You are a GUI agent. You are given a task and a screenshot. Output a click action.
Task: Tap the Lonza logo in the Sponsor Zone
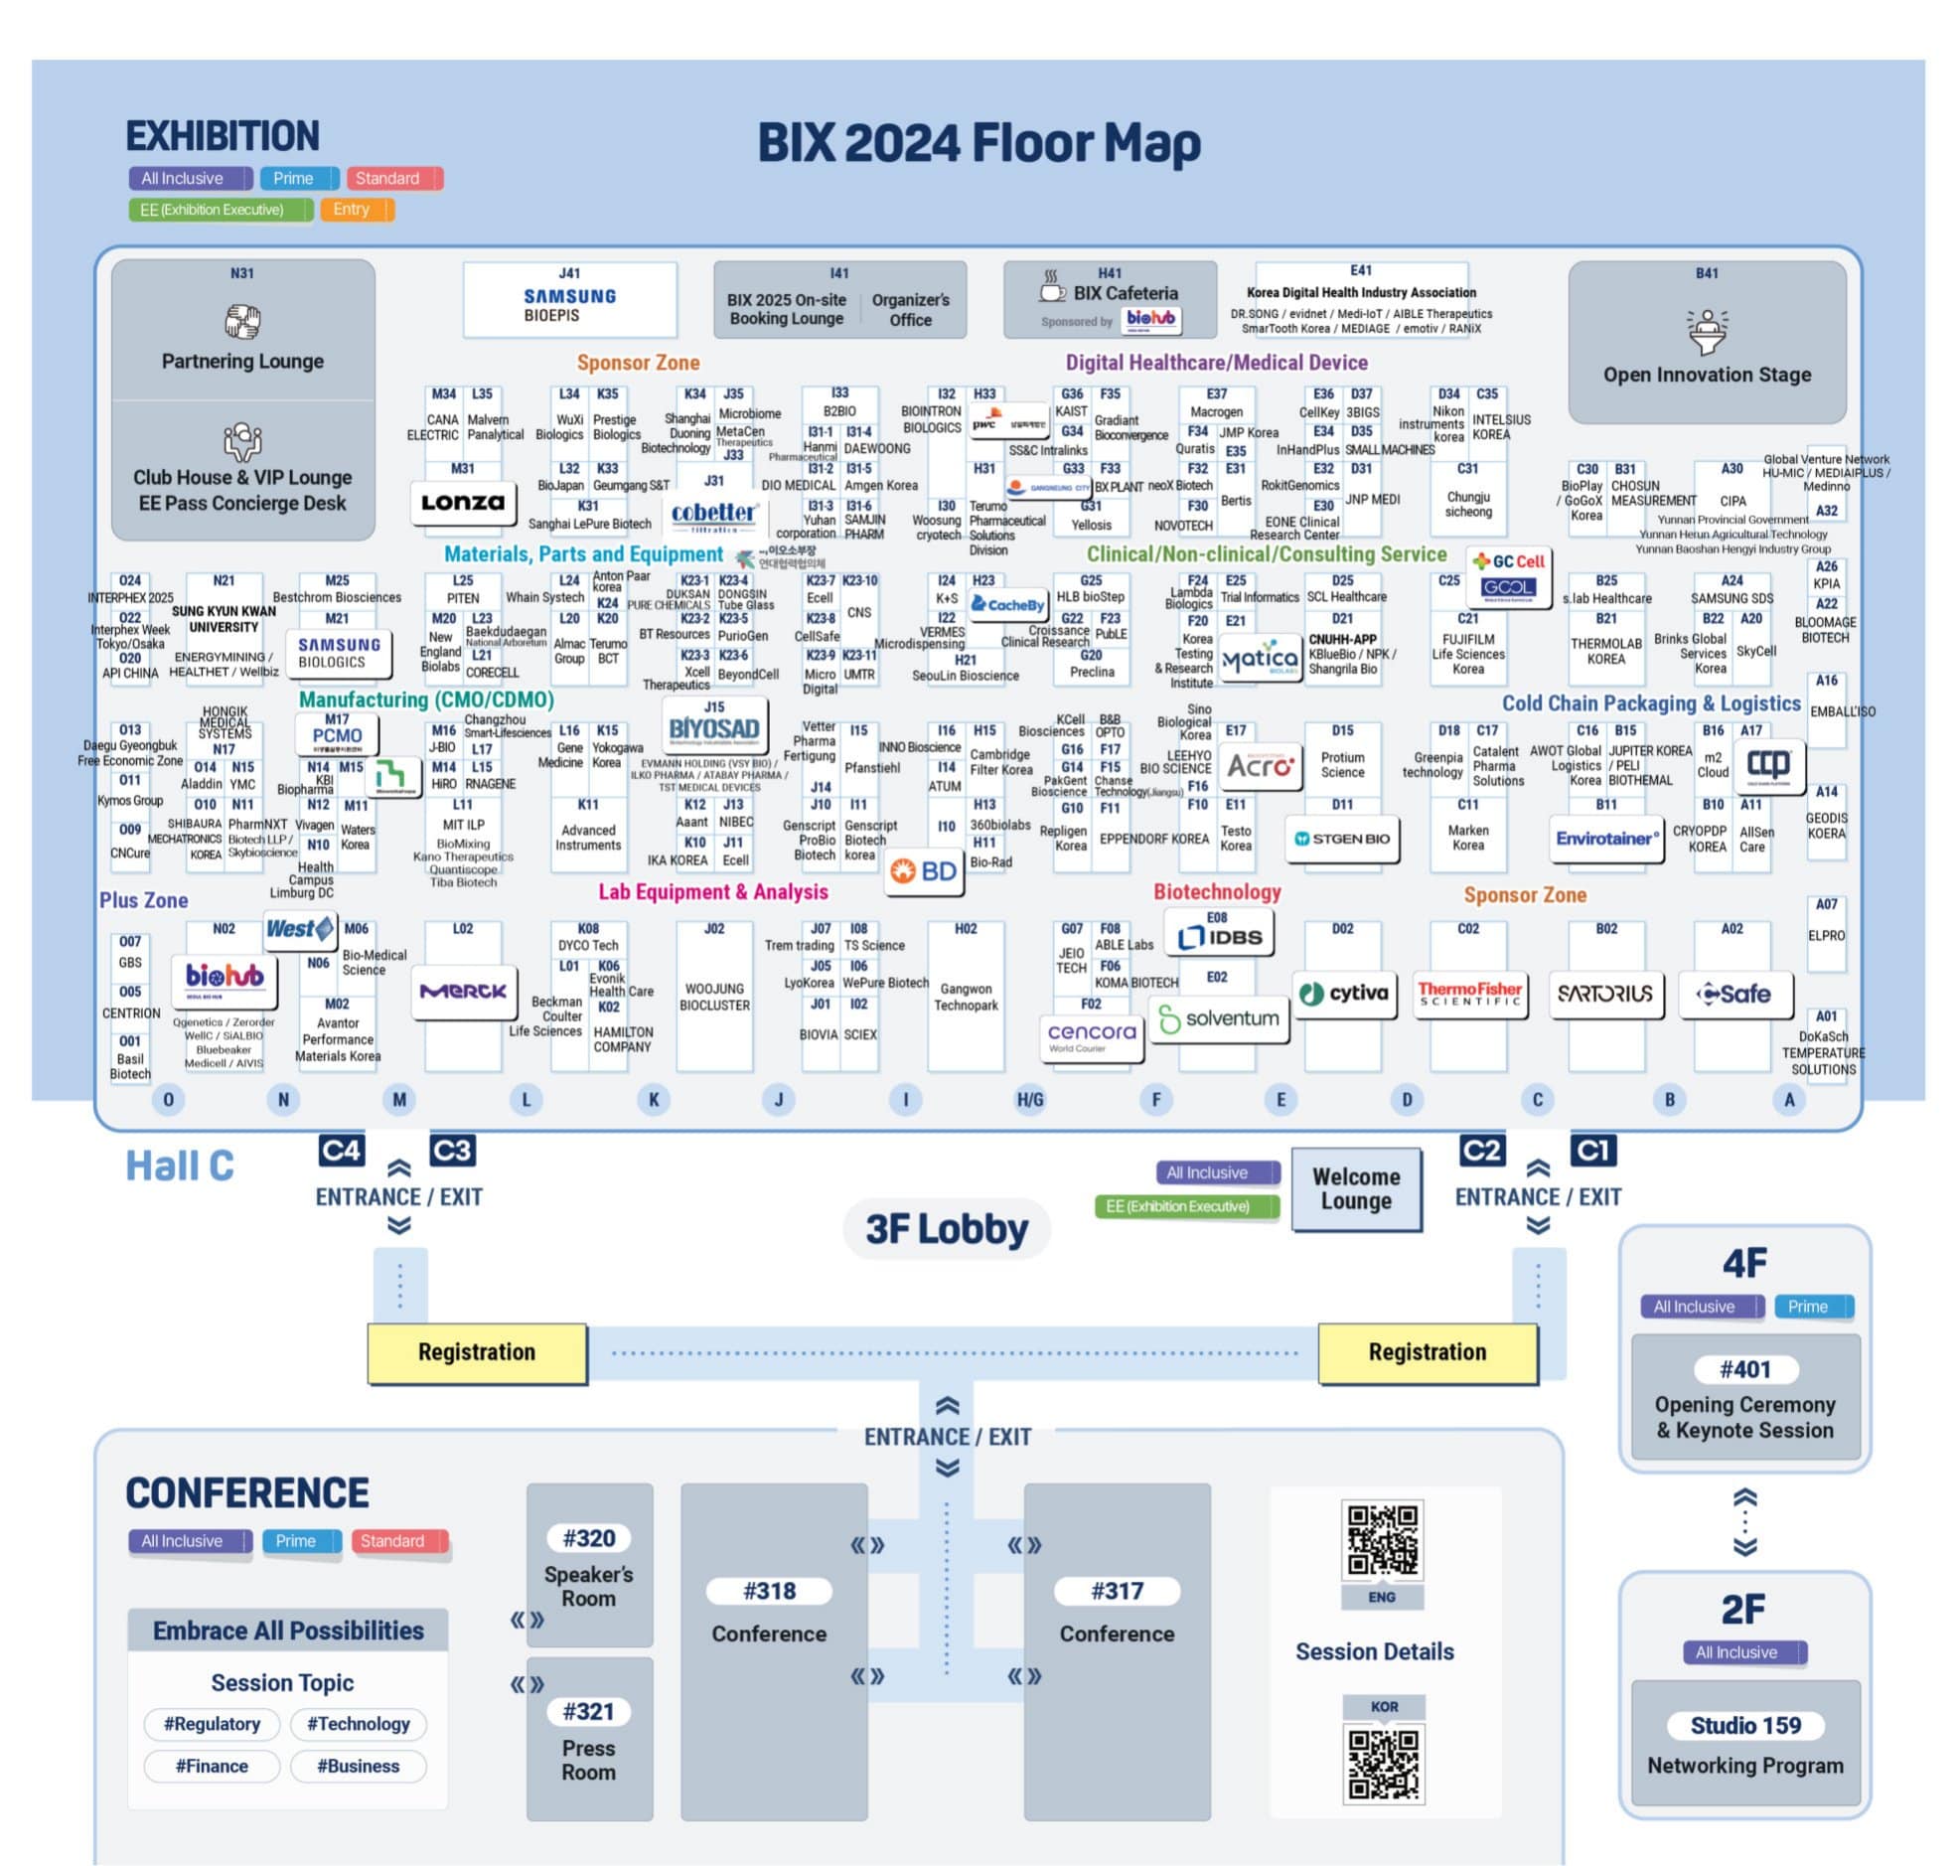462,503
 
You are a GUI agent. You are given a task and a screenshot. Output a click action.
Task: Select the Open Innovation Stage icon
1707,331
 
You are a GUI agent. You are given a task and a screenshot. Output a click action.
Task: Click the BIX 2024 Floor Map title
979,142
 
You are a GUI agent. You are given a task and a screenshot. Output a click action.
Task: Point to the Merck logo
463,992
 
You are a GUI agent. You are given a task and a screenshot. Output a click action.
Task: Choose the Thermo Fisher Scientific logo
1469,994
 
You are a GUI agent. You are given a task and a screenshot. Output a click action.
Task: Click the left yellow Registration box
476,1351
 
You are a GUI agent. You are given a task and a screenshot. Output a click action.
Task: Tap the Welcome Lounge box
1355,1188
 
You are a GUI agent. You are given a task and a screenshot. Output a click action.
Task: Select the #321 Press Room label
589,1712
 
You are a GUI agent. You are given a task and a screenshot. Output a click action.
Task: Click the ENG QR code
1381,1541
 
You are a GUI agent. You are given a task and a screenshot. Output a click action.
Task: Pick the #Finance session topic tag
212,1766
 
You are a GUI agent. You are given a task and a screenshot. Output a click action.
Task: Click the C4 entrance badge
341,1151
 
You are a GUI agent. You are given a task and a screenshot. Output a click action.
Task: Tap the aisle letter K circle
654,1099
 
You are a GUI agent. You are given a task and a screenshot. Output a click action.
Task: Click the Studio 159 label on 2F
1744,1725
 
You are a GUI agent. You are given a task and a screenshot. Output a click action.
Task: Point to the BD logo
924,872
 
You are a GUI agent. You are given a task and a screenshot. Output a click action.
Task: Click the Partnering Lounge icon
241,321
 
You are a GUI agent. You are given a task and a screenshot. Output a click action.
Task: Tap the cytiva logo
1342,993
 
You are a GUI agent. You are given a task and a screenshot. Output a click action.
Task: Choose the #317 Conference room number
1116,1591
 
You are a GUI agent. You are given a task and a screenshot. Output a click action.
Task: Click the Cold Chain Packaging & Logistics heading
1650,703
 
